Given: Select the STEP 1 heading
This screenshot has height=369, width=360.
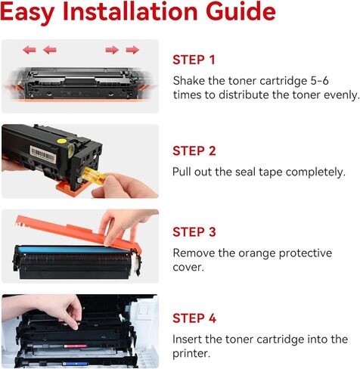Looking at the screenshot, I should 194,60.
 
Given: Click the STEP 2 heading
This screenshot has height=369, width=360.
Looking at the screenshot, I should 194,151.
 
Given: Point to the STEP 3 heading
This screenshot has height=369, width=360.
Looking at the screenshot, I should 194,232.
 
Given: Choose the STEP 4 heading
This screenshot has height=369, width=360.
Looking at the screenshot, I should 194,318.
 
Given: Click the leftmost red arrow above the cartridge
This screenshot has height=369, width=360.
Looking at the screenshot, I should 29,50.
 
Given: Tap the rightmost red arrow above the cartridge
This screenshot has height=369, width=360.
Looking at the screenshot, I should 132,50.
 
